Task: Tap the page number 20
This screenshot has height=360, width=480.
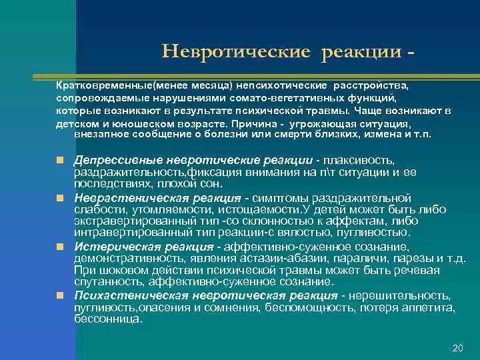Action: (457, 347)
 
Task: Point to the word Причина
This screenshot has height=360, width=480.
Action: (256, 123)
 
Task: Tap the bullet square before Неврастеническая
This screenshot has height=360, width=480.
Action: (60, 198)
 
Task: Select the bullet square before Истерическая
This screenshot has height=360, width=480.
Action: (60, 246)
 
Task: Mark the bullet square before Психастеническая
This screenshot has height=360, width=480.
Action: (60, 294)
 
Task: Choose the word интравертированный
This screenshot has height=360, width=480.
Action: (121, 232)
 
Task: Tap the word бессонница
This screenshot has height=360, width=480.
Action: (107, 319)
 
